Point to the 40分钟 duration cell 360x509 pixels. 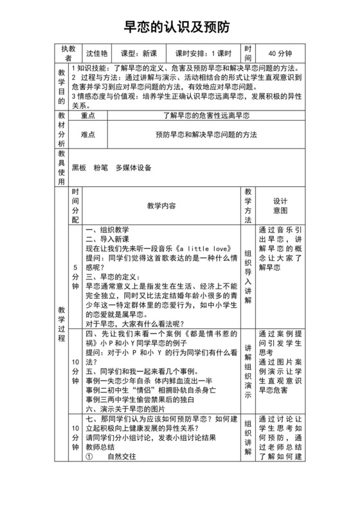pos(280,53)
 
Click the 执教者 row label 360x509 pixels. pos(68,53)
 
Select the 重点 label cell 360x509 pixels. pos(88,116)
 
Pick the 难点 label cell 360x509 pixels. pos(88,135)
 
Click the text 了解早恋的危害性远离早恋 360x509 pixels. pos(206,116)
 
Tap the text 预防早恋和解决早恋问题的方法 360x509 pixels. pos(206,135)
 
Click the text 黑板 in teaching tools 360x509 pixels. pos(79,168)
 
